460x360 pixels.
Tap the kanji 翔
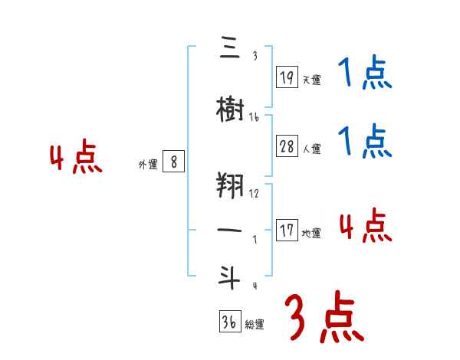(230, 186)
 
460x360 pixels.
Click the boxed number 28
(287, 147)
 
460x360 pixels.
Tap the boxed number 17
(287, 231)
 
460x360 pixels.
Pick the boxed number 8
(174, 162)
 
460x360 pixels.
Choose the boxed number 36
(229, 322)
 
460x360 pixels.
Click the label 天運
(310, 79)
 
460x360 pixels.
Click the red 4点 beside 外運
(75, 159)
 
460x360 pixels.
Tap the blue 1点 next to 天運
(364, 73)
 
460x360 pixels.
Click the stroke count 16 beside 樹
(254, 118)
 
